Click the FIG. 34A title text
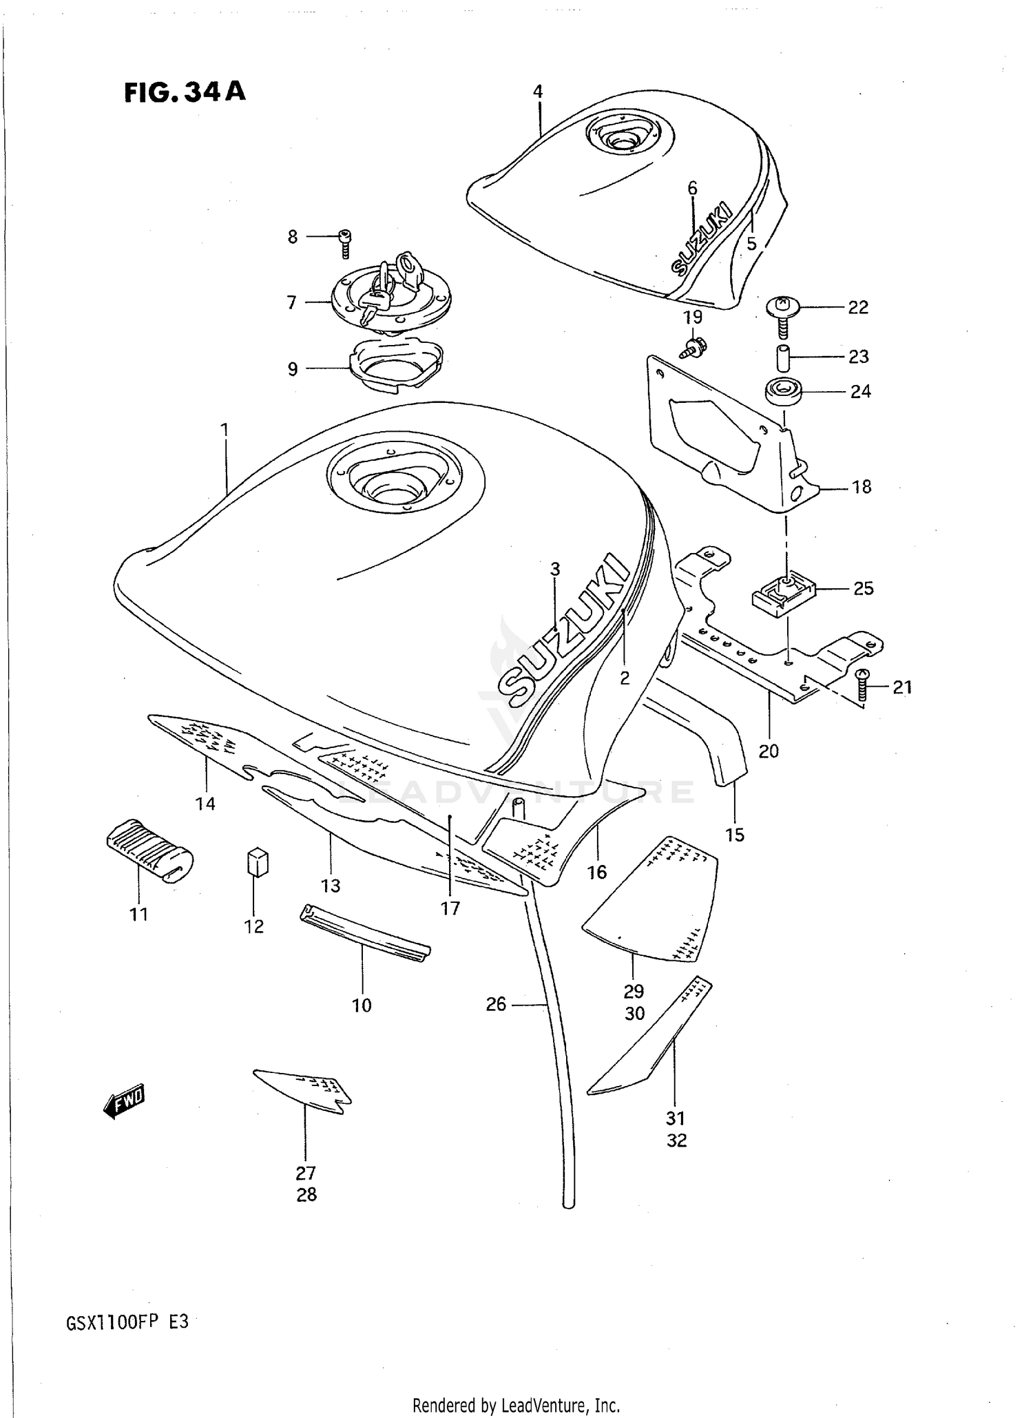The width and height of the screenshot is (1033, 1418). pos(185,92)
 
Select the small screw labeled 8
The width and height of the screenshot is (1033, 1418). pos(346,243)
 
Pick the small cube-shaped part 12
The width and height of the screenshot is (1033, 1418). pos(257,862)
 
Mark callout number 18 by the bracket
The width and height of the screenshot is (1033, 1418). pos(861,487)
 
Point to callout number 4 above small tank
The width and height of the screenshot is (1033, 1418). pos(538,92)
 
